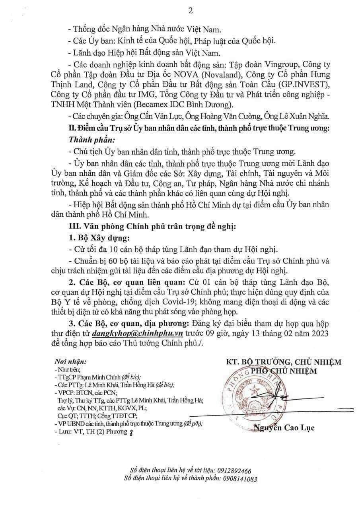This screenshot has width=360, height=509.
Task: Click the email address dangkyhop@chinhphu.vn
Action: pos(138,333)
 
